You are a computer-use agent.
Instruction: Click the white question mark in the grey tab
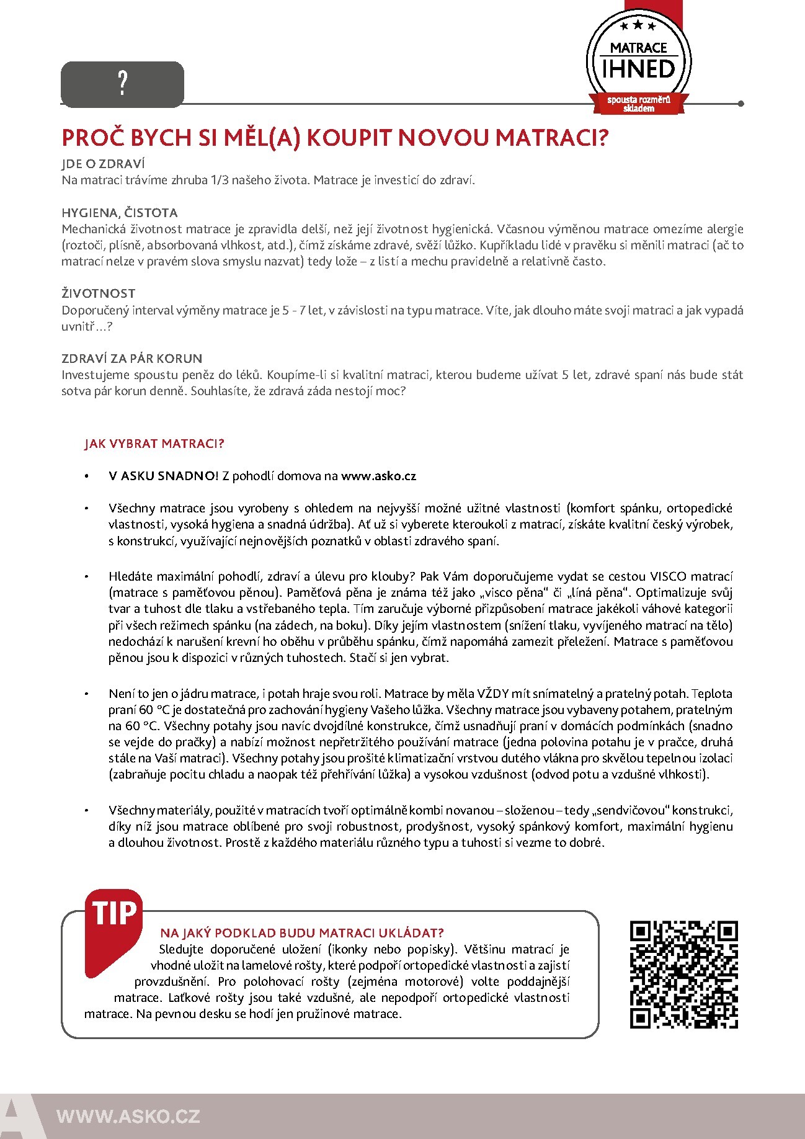(123, 83)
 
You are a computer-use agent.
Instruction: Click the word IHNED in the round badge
(638, 69)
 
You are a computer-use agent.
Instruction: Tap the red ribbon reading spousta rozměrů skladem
(639, 104)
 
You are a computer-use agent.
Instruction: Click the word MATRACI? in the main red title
(551, 137)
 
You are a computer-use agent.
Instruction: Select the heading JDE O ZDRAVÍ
(103, 164)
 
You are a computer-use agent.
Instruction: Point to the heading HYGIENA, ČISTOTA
(120, 213)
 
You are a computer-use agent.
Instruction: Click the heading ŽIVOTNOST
(98, 293)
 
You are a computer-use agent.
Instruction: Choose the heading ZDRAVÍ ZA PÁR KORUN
(132, 359)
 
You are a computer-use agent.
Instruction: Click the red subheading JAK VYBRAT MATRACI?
(154, 444)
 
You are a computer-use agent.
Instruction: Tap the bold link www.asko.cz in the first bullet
(378, 476)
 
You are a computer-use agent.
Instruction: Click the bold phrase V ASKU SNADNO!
(163, 476)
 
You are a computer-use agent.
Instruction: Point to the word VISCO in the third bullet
(668, 576)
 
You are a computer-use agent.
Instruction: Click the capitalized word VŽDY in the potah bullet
(492, 694)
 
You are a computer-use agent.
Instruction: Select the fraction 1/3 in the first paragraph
(220, 181)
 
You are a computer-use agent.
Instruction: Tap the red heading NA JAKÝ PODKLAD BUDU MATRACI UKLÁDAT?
(302, 933)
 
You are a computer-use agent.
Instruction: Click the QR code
(683, 975)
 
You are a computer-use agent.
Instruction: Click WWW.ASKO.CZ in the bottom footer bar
(128, 1116)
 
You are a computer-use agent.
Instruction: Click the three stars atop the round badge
(638, 26)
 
